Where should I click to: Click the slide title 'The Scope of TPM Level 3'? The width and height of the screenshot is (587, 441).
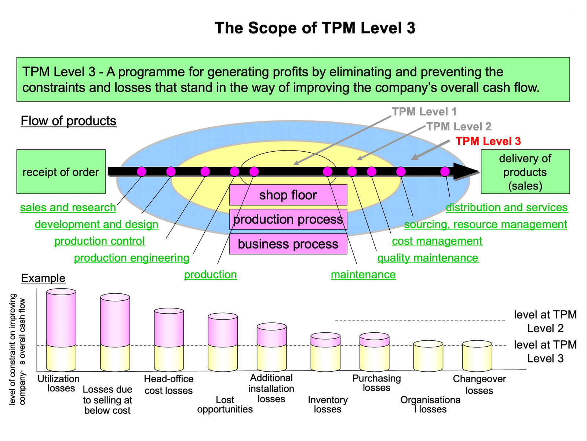(315, 28)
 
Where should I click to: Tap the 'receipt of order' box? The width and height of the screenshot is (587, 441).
(61, 171)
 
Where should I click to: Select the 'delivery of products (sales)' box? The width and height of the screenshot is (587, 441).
(525, 171)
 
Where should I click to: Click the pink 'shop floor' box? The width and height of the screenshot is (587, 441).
(288, 195)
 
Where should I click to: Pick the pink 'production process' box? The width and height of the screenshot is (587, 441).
(288, 219)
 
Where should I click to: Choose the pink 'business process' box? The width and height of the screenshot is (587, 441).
(288, 244)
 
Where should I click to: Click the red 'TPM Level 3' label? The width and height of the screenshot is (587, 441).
(488, 141)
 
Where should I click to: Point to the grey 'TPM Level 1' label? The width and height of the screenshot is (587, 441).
(424, 112)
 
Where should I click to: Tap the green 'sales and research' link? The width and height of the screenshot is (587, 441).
(68, 207)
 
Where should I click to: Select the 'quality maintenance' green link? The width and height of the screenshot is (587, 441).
(427, 258)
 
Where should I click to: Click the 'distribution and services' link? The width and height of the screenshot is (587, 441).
(506, 207)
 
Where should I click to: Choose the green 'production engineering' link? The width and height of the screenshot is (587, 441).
(131, 258)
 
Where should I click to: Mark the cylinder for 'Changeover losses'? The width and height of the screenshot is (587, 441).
(477, 356)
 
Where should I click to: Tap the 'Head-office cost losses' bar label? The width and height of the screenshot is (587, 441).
(168, 384)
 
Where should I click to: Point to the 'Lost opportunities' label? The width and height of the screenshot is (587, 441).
(225, 404)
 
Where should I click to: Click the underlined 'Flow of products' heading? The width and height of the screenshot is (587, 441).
(68, 121)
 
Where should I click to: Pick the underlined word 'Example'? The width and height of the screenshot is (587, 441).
(43, 278)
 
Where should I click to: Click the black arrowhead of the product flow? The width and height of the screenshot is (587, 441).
(465, 171)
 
